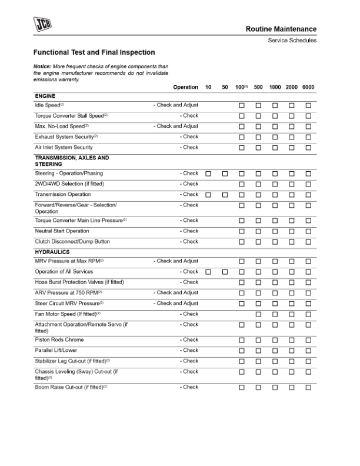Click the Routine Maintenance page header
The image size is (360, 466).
tap(281, 29)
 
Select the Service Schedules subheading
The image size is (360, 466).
tap(292, 40)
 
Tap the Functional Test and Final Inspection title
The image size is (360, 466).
tap(94, 52)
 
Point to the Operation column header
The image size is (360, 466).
tap(185, 87)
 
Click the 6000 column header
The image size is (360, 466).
tap(308, 87)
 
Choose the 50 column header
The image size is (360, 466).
tap(225, 87)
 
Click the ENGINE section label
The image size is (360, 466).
tap(45, 95)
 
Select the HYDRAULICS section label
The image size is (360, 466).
tap(52, 252)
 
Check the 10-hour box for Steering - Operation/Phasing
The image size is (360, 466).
tap(208, 174)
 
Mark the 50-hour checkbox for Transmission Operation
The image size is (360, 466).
tap(225, 195)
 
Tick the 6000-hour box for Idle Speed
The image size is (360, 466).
tap(308, 105)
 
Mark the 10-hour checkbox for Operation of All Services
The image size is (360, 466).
tap(208, 272)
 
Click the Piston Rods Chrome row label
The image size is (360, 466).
tap(59, 339)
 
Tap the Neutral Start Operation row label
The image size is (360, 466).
tap(62, 231)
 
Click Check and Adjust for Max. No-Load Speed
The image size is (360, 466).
tap(176, 126)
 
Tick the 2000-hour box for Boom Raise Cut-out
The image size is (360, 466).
tap(292, 388)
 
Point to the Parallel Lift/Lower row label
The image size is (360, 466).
tap(59, 350)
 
